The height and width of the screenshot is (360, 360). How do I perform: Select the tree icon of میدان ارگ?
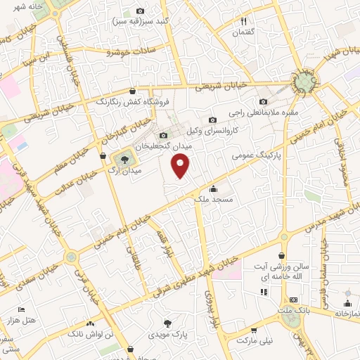124,160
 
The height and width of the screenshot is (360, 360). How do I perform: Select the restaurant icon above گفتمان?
245,22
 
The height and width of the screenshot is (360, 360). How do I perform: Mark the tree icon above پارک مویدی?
167,323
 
